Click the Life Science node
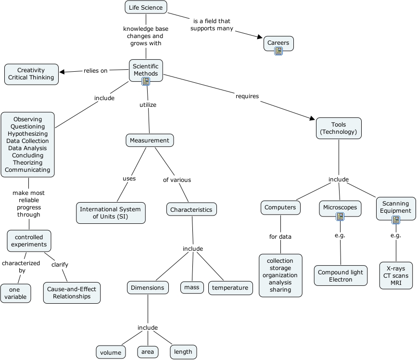[x=146, y=7]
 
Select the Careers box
[x=278, y=43]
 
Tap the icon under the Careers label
[x=278, y=51]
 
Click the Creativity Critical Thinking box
[x=31, y=74]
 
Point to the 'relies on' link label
[x=95, y=71]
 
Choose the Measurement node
[x=150, y=141]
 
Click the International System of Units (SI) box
[x=111, y=213]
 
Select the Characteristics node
[x=191, y=210]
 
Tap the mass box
[x=191, y=288]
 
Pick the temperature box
[x=230, y=288]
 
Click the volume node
[x=111, y=352]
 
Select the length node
[x=183, y=352]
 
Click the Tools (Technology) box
[x=339, y=128]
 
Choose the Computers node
[x=280, y=207]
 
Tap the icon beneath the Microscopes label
[x=340, y=217]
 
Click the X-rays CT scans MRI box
[x=396, y=275]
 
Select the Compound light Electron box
[x=341, y=276]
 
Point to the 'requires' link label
[x=247, y=96]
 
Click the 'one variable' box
[x=16, y=293]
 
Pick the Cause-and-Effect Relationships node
[x=72, y=293]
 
